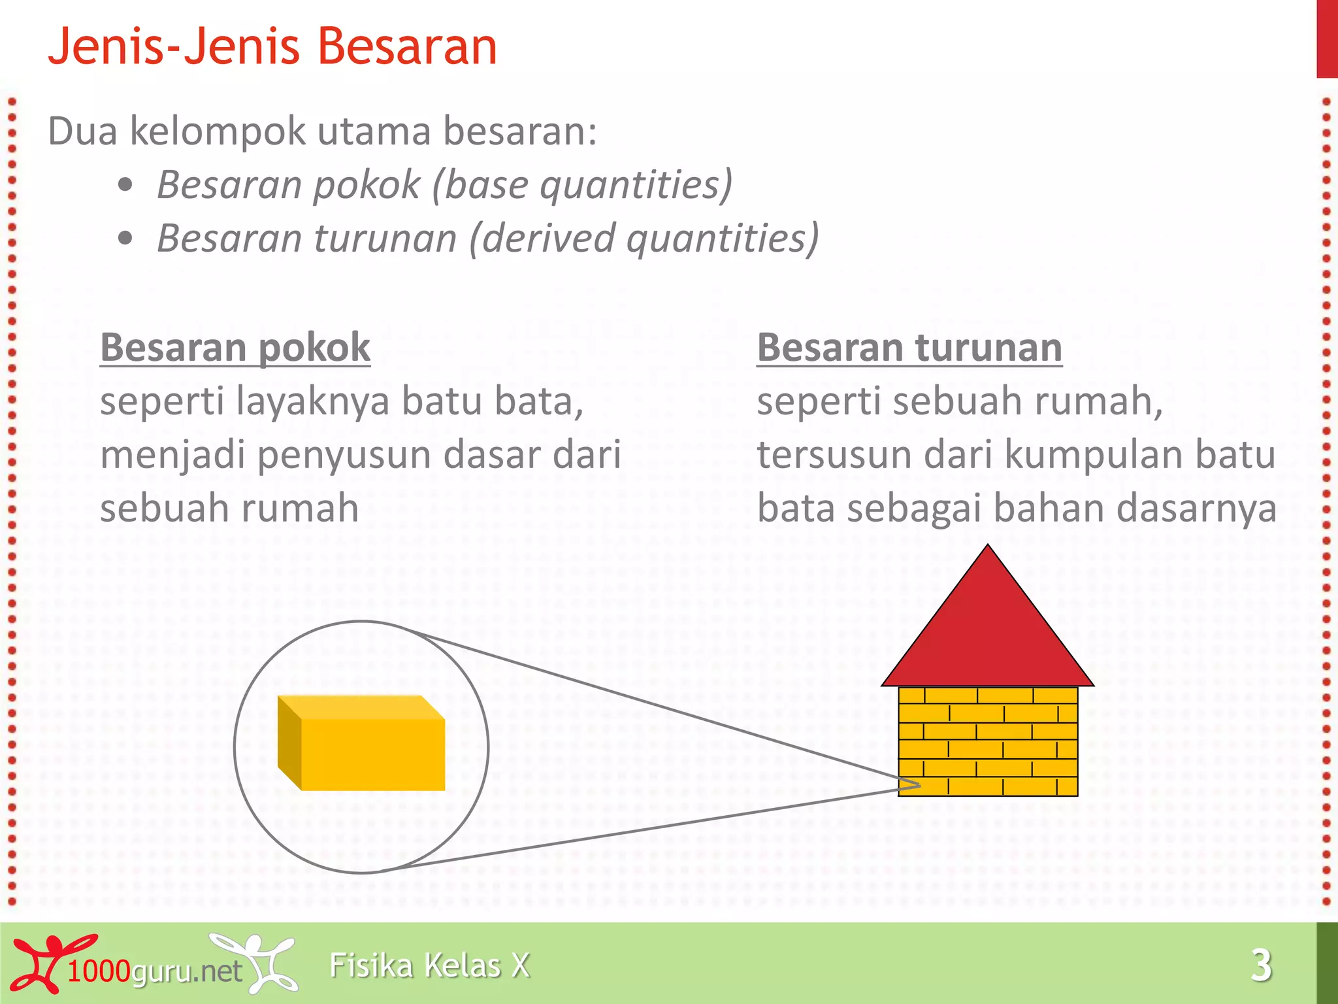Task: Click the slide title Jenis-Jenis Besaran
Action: point(272,47)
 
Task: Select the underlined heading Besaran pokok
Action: point(235,347)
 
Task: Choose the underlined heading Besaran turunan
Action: point(909,347)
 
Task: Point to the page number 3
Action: point(1261,965)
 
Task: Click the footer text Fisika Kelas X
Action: point(429,965)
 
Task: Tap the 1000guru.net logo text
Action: point(154,971)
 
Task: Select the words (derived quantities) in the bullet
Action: point(644,239)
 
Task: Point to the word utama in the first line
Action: point(374,131)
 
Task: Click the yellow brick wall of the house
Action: point(987,741)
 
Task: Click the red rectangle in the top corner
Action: point(1327,39)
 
